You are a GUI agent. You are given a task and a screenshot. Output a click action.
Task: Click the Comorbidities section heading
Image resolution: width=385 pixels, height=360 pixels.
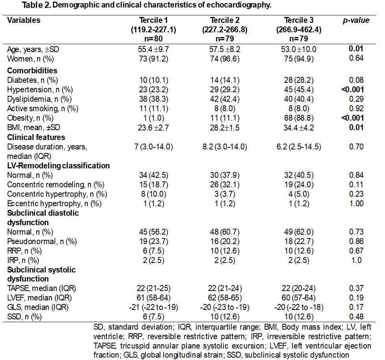32,71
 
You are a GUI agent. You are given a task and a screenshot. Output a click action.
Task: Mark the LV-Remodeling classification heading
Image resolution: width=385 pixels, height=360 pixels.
58,165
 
